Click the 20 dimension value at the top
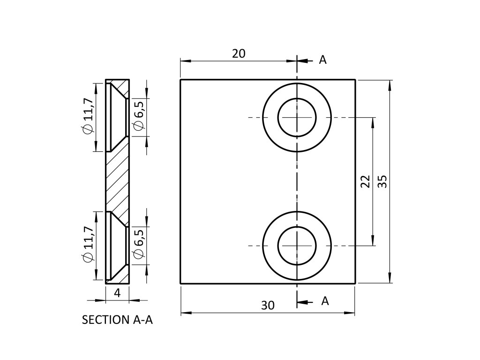(239, 53)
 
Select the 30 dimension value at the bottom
(268, 305)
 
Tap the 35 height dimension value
(382, 181)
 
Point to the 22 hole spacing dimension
(366, 181)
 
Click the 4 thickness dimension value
(117, 293)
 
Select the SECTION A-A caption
(117, 320)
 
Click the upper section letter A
(322, 60)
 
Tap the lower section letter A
(325, 301)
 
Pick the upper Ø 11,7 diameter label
(88, 118)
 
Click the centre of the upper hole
(297, 117)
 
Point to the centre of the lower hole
(297, 246)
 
